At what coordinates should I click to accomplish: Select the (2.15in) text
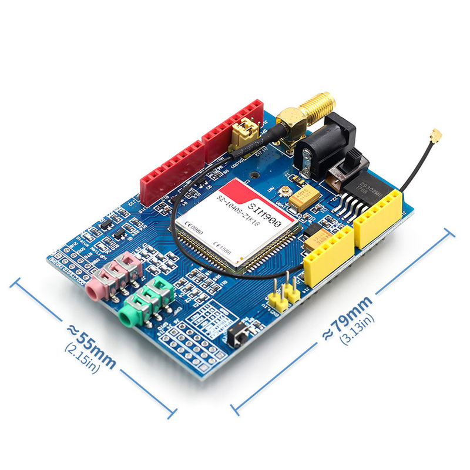click(82, 358)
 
